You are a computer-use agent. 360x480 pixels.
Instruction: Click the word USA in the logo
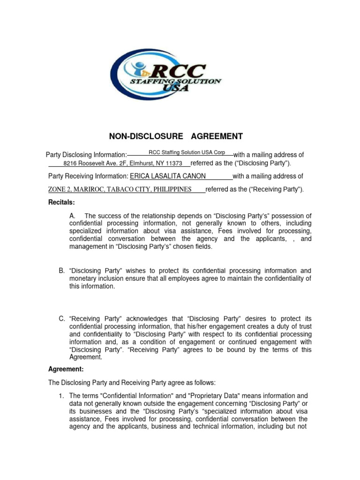tap(175, 88)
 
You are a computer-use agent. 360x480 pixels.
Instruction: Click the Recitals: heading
tap(62, 202)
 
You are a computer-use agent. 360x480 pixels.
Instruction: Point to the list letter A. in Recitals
tap(72, 216)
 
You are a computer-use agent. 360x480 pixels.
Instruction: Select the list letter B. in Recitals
tap(62, 271)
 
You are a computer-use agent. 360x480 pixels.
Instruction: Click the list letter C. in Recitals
tap(62, 319)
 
